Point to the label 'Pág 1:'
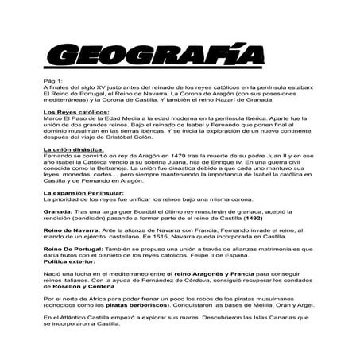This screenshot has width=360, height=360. click(54, 81)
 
